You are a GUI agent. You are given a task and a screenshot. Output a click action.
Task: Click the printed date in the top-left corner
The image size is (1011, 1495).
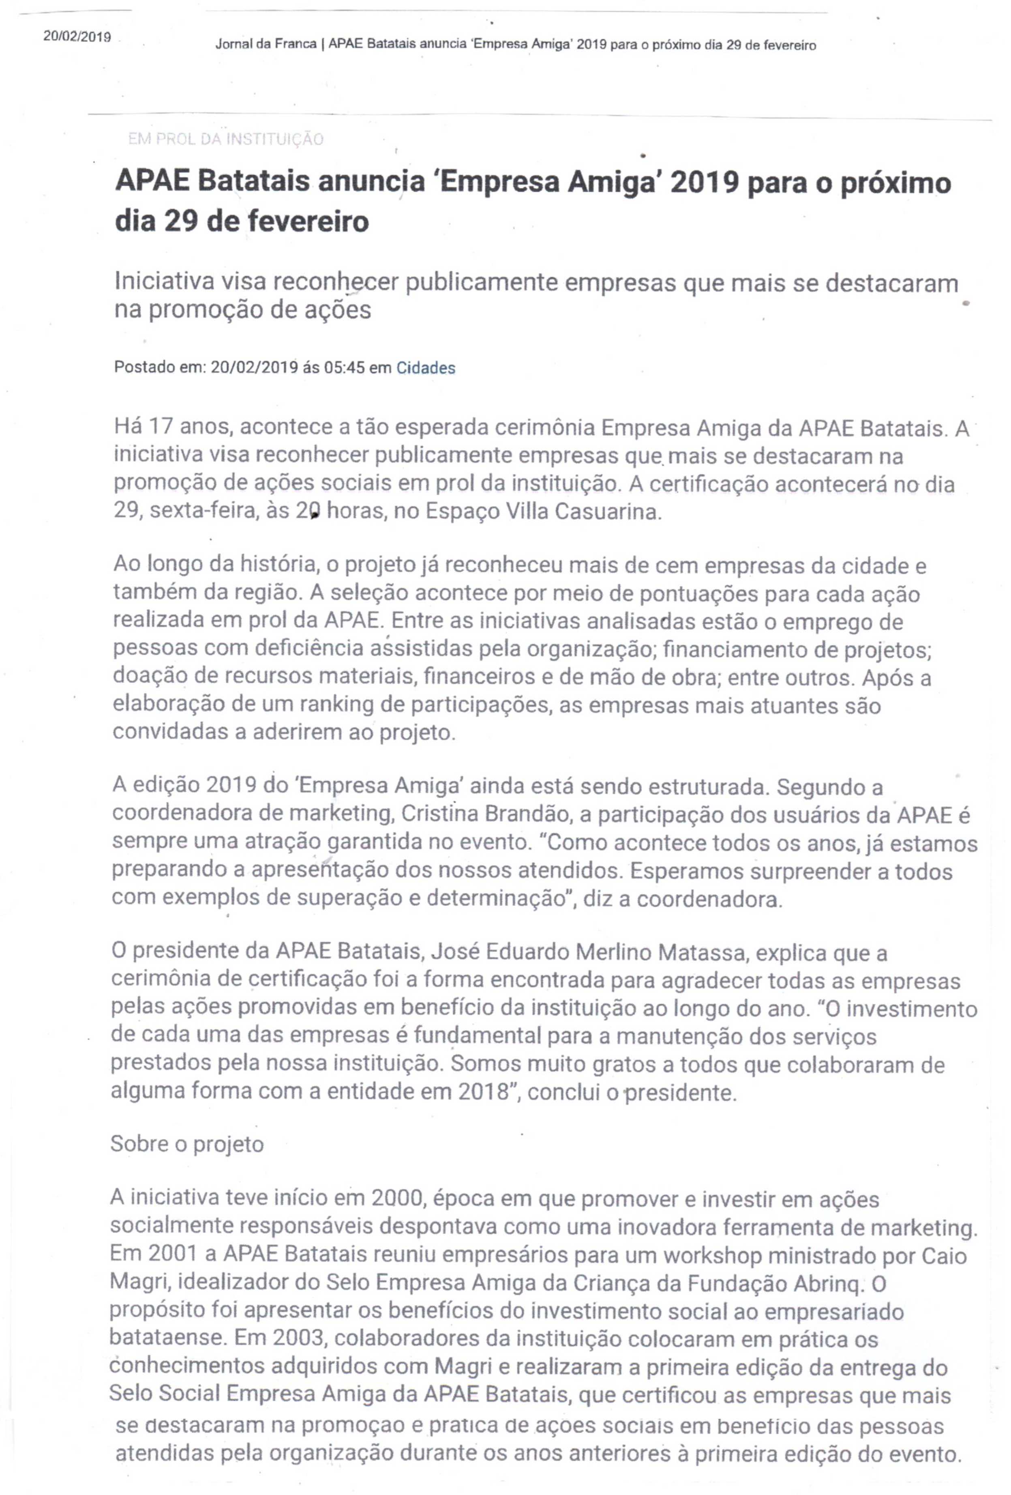(77, 36)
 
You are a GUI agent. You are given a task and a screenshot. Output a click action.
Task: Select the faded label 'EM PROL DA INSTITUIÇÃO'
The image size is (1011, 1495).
(226, 139)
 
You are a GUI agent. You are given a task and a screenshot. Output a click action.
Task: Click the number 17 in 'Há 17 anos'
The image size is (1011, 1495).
(161, 427)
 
